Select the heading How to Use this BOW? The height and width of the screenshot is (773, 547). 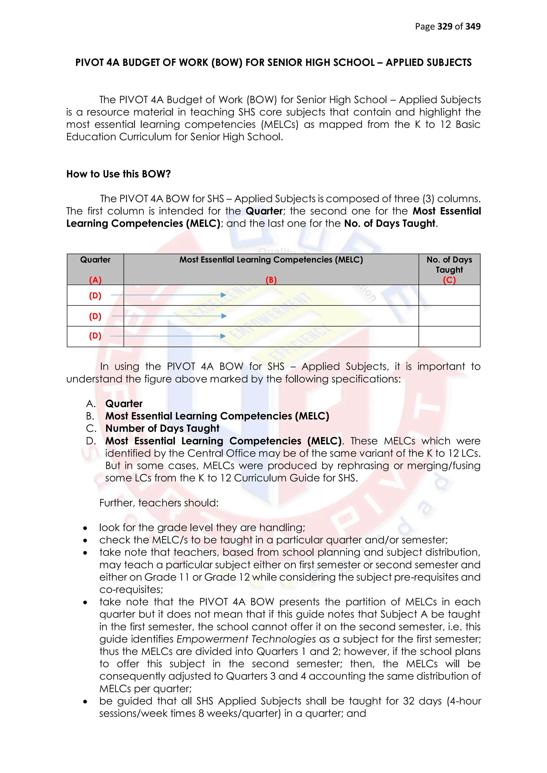coord(118,174)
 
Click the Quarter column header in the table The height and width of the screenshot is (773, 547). coord(95,260)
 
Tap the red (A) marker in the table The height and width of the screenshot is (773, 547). coord(95,280)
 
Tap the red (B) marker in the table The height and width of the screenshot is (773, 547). coord(271,280)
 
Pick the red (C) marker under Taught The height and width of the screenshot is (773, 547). coord(449,280)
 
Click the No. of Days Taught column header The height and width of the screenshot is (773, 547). coord(449,265)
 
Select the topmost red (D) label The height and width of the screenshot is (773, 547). coord(95,296)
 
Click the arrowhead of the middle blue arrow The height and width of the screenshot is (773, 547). coord(224,316)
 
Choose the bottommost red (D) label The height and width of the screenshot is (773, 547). coord(95,336)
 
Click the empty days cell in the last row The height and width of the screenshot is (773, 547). coord(449,336)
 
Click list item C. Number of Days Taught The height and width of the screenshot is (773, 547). coord(162,428)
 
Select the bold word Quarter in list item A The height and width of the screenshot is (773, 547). coord(124,404)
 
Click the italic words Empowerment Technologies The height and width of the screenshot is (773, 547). coord(246,639)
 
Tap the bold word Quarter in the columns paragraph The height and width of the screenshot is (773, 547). coord(264,211)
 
